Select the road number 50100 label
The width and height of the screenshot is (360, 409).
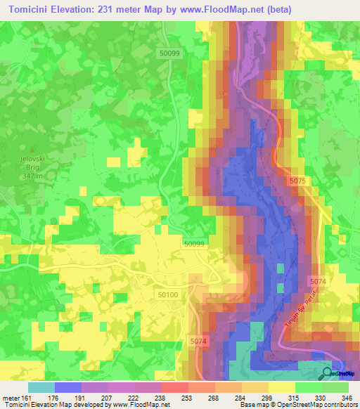click(x=168, y=296)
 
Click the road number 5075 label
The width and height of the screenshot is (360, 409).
click(x=297, y=181)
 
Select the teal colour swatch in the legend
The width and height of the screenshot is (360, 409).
click(x=41, y=387)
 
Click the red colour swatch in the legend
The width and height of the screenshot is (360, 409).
click(x=175, y=387)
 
